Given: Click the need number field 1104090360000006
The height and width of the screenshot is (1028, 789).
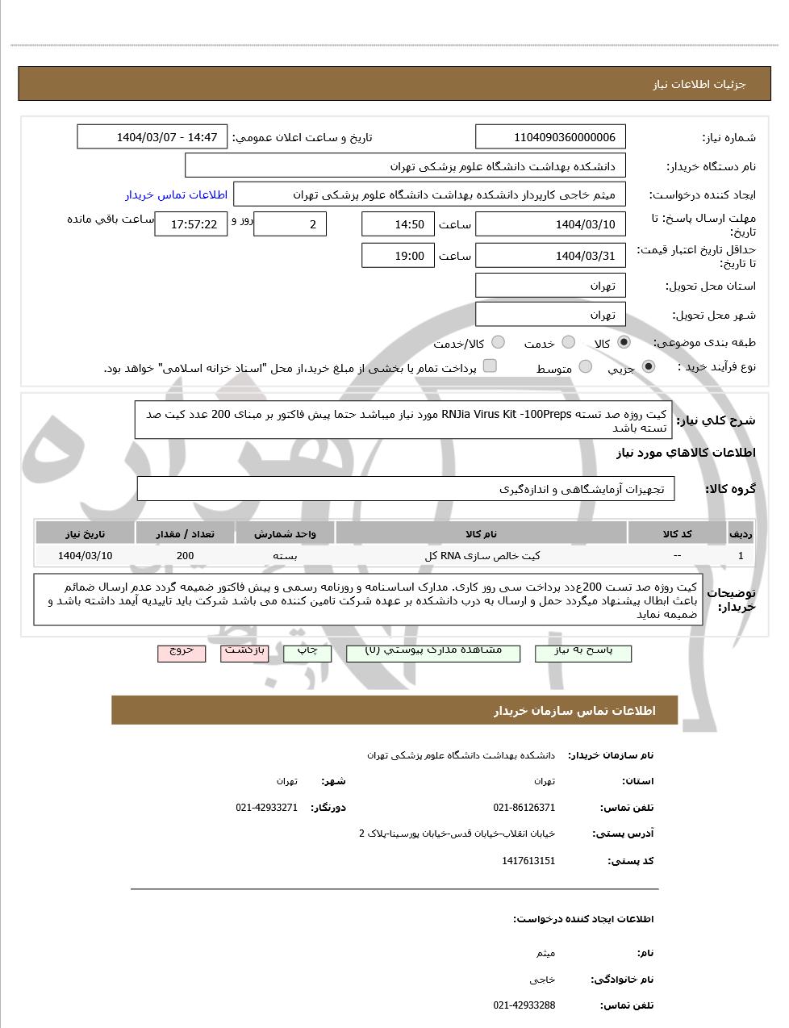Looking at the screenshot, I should point(551,137).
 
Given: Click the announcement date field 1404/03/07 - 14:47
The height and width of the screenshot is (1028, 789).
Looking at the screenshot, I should point(152,137).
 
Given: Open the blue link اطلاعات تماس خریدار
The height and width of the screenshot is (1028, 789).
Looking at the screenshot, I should point(176,194).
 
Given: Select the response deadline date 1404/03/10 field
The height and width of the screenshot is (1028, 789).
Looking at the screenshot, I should point(551,224).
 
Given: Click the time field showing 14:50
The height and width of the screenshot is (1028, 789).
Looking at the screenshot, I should point(398,224).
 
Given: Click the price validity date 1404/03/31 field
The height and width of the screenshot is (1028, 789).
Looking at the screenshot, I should point(551,256).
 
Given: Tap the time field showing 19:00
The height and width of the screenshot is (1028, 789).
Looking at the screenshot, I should point(398,256).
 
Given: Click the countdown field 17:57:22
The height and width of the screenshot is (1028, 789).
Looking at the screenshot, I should point(191,224).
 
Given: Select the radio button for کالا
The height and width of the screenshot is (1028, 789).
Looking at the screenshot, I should point(624,343).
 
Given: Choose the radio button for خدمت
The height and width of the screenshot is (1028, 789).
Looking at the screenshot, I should point(569,343).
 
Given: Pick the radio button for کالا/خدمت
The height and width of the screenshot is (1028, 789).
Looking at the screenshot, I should point(499,343).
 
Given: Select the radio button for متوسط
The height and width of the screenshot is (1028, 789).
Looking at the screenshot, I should point(586,367).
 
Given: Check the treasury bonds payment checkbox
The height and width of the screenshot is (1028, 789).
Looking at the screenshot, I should point(490,366).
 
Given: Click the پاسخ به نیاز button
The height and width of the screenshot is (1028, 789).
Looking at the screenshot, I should point(583,652).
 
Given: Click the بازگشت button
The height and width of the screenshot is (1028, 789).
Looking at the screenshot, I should point(244,652).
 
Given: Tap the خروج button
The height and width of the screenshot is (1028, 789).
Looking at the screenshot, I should point(182,652).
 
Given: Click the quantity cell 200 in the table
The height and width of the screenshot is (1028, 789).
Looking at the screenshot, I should point(185,555).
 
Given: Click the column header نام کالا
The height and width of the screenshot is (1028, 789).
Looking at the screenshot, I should point(481,533).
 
